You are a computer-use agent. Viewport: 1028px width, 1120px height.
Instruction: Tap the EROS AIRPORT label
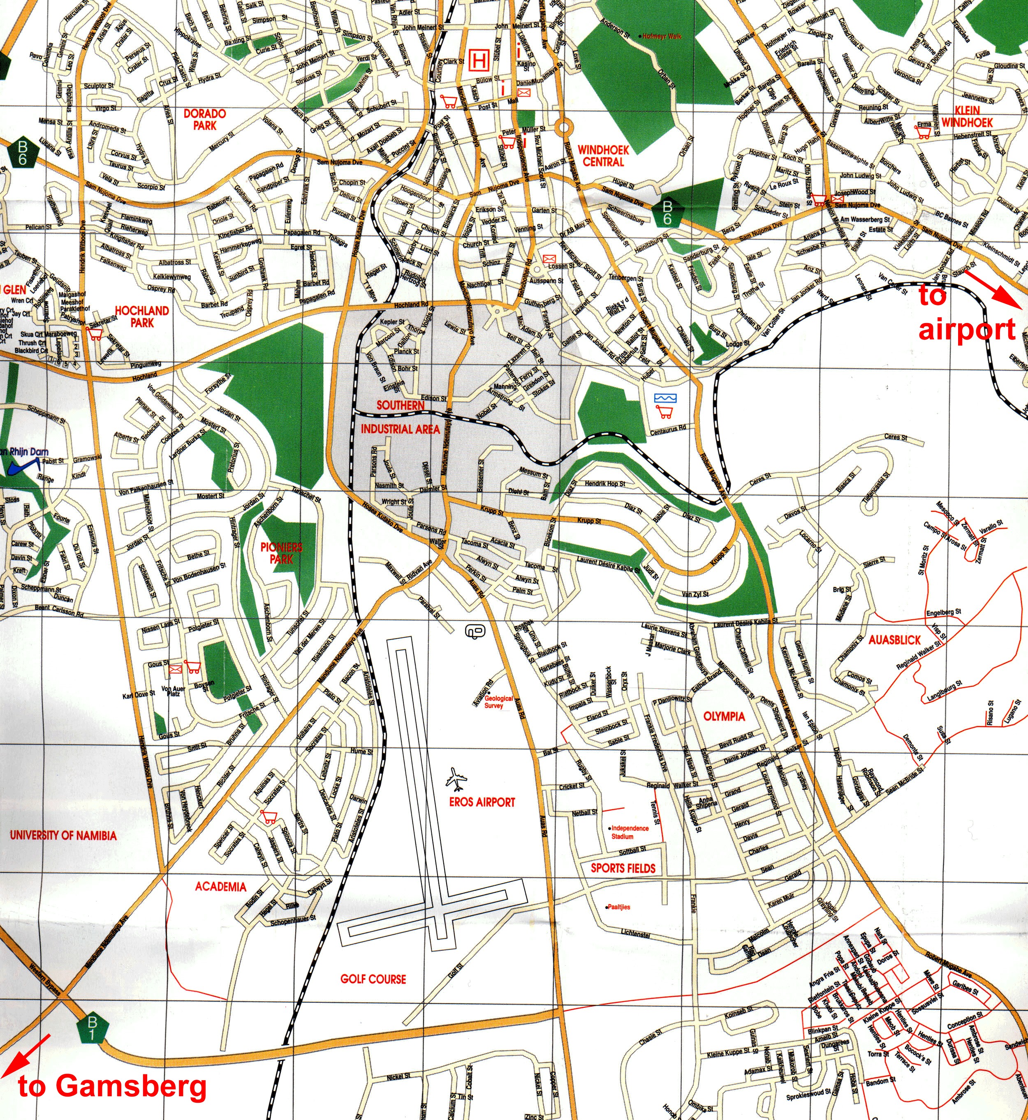pyautogui.click(x=482, y=802)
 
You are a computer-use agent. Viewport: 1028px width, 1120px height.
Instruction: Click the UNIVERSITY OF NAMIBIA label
pyautogui.click(x=63, y=835)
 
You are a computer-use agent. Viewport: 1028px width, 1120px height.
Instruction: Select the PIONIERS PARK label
pyautogui.click(x=282, y=553)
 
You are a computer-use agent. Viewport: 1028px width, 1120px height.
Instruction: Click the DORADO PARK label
pyautogui.click(x=205, y=120)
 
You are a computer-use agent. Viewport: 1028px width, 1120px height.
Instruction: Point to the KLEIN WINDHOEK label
pyautogui.click(x=967, y=116)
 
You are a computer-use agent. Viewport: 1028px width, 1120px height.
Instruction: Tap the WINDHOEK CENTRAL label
pyautogui.click(x=603, y=156)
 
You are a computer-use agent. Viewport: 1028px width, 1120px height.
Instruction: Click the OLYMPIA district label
pyautogui.click(x=724, y=716)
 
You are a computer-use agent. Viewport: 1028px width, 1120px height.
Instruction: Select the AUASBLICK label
pyautogui.click(x=894, y=640)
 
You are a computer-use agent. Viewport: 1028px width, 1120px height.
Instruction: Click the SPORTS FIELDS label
pyautogui.click(x=623, y=868)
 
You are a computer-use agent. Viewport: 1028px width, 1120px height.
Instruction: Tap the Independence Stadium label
pyautogui.click(x=629, y=832)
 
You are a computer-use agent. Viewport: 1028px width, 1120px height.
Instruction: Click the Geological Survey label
pyautogui.click(x=498, y=702)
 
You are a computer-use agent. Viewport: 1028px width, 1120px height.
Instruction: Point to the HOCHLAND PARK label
pyautogui.click(x=142, y=316)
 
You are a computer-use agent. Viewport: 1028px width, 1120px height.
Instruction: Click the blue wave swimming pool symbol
pyautogui.click(x=665, y=398)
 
